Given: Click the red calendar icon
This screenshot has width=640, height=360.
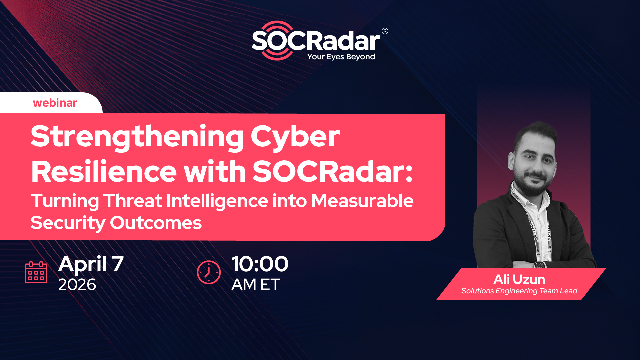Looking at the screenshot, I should pos(35,272).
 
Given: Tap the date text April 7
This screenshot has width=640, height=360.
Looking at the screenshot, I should pos(93,264).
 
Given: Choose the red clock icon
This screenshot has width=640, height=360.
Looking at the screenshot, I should pos(208,272).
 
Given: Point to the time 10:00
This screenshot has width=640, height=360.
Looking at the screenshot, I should pos(259,264).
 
